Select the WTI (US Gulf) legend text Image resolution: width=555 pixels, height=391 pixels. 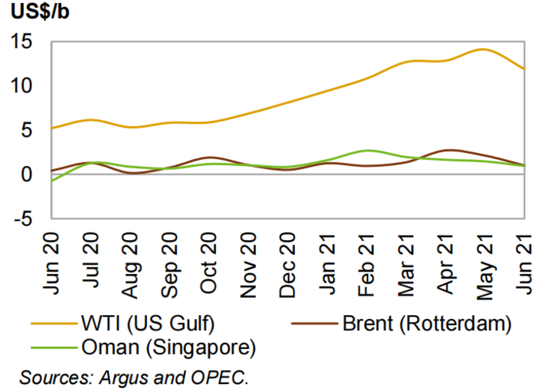click(x=146, y=324)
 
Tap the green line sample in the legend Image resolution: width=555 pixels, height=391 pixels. click(x=52, y=347)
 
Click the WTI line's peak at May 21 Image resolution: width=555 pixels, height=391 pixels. click(x=482, y=50)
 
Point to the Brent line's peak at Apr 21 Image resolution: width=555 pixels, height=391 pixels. click(x=448, y=150)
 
